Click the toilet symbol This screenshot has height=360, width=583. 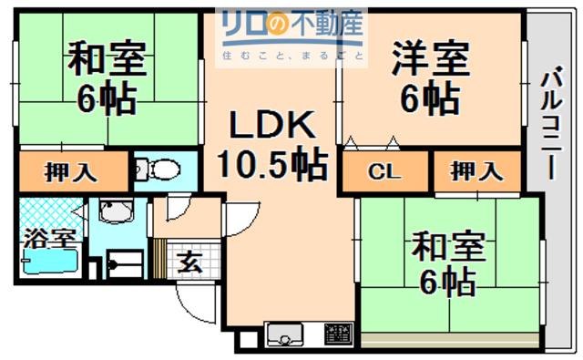tap(157, 170)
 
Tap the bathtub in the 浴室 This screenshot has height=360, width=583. tap(50, 262)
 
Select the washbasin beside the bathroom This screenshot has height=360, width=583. tap(116, 211)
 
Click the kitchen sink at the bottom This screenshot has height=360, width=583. tap(284, 334)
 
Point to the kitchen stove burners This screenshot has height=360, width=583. tap(338, 334)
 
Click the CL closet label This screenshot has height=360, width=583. tap(384, 171)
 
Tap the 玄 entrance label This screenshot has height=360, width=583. tap(189, 262)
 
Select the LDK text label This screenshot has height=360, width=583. tap(272, 125)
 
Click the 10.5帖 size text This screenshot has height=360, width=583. tap(272, 164)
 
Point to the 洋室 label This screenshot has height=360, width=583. tap(431, 58)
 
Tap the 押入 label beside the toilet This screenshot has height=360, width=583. tap(70, 172)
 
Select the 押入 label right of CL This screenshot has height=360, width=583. tap(476, 171)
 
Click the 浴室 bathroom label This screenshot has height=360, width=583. tap(50, 239)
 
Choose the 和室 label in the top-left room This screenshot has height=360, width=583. tap(107, 58)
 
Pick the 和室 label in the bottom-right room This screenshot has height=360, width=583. tap(448, 246)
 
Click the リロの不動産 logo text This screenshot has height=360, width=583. tap(291, 23)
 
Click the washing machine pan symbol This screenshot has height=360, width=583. tap(125, 263)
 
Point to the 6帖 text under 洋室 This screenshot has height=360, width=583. tap(431, 98)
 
